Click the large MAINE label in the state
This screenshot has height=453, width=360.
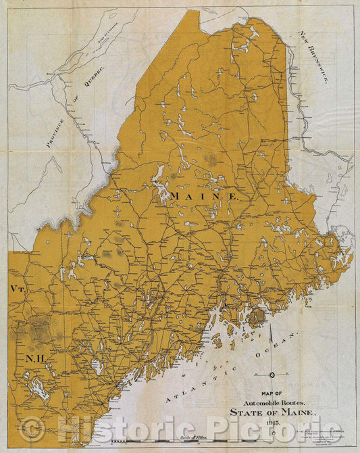pos(204,195)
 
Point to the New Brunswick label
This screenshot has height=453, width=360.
pos(314,57)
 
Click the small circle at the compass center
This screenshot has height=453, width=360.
pos(272,375)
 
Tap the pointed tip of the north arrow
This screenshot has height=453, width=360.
pos(272,327)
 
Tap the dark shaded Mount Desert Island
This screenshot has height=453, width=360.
pos(257,316)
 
